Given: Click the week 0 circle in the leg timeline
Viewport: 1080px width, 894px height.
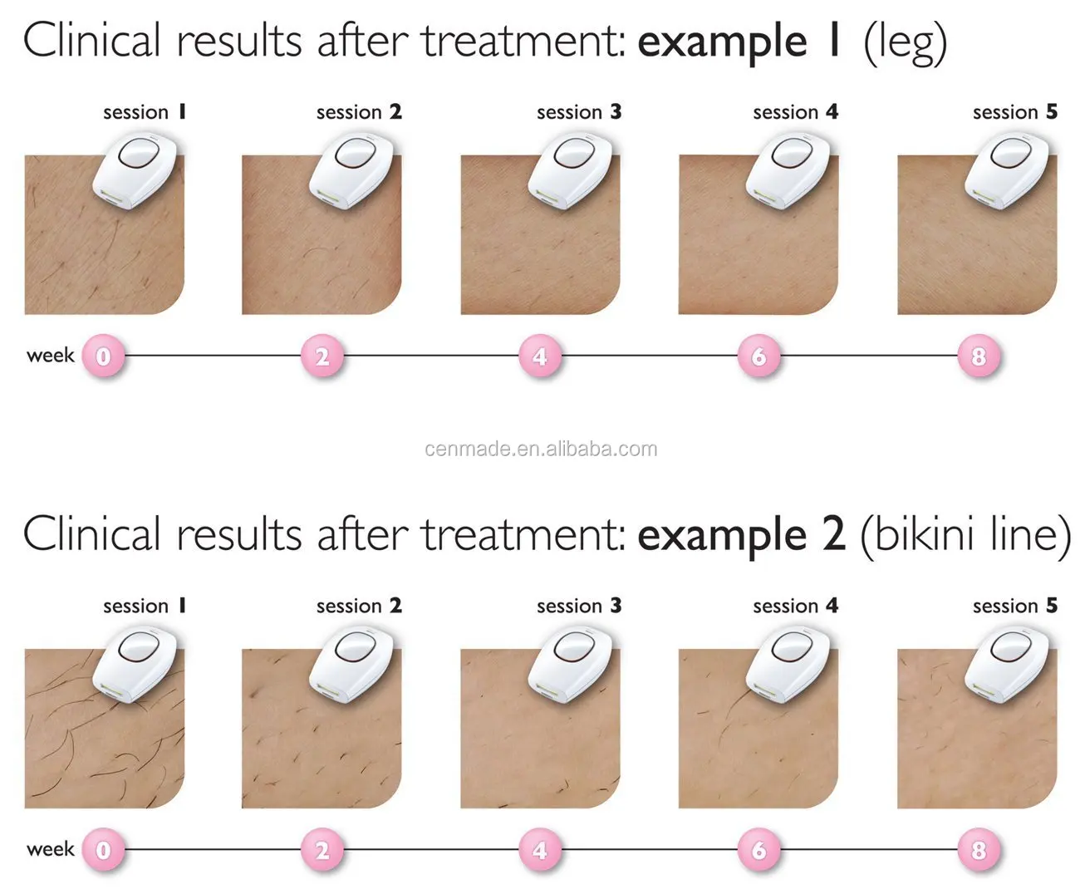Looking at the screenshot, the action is click(103, 356).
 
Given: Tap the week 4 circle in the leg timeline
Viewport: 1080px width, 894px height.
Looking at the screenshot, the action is click(540, 356).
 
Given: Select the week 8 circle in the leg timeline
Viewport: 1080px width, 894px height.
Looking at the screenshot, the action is click(978, 356).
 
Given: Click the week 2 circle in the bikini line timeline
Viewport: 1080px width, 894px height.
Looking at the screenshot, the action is click(322, 850).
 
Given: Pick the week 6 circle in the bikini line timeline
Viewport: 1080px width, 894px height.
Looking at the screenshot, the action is click(758, 850).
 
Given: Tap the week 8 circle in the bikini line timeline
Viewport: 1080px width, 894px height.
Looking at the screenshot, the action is click(978, 850).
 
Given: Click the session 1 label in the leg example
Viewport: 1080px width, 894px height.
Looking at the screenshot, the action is click(145, 112).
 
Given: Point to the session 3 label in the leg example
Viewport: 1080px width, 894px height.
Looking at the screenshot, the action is click(579, 112).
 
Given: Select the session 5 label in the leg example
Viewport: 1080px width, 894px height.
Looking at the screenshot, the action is click(1015, 112).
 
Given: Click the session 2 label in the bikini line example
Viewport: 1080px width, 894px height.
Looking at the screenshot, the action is click(359, 606).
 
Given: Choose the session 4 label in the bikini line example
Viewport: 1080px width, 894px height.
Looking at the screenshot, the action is click(795, 606).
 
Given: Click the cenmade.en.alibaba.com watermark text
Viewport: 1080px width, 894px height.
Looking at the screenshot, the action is click(541, 449).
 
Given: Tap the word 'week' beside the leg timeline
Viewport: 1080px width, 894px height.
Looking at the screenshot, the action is click(51, 356).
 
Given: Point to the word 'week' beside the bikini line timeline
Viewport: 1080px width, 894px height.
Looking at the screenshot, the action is click(51, 849).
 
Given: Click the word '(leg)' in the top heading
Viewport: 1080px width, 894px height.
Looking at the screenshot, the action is click(905, 43).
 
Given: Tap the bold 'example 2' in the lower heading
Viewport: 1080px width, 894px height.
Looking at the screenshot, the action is click(741, 534).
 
